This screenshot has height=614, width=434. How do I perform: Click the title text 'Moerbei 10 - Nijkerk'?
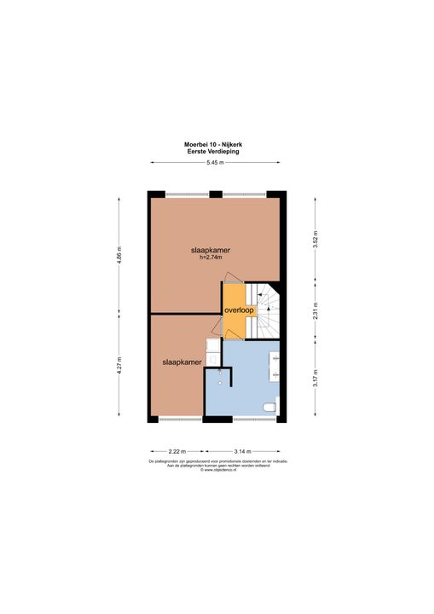click(x=217, y=144)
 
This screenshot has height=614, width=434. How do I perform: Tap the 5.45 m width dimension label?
click(x=217, y=163)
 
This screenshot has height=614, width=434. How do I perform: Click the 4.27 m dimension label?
click(x=120, y=367)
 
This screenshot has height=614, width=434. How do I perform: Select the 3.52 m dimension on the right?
click(x=315, y=238)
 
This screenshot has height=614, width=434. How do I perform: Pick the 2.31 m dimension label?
click(x=315, y=311)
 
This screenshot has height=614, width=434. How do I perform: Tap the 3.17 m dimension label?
click(x=315, y=378)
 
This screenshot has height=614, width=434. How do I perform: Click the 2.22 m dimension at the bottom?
click(x=176, y=450)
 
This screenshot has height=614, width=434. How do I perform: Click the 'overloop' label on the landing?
click(x=239, y=310)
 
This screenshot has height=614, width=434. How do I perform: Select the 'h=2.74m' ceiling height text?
click(x=211, y=257)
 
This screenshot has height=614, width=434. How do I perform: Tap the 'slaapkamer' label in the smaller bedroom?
click(x=182, y=362)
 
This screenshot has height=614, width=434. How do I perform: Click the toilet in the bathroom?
click(x=270, y=408)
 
